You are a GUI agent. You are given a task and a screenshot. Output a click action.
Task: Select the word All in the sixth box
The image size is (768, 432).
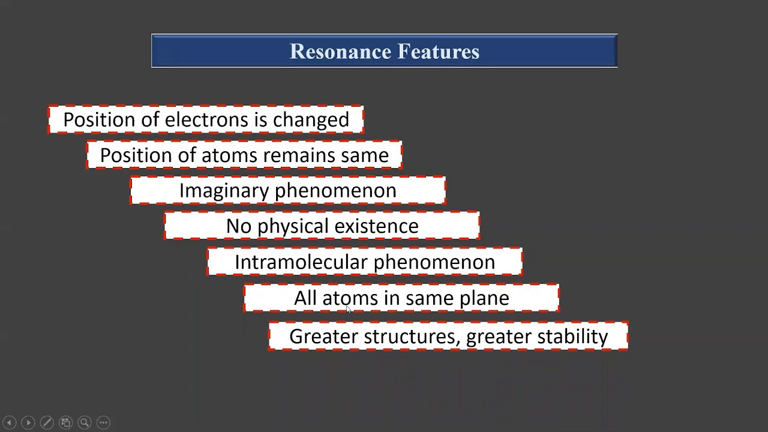point(305,298)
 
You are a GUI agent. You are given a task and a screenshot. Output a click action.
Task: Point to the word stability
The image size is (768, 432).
point(572,337)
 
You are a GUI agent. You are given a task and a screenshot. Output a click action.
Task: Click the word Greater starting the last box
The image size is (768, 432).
point(323,337)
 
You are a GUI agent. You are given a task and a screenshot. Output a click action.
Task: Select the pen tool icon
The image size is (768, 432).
point(47,422)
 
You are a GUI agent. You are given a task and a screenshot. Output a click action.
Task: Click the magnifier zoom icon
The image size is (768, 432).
point(85,422)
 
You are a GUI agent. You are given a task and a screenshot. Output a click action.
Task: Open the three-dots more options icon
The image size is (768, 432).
point(103,422)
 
